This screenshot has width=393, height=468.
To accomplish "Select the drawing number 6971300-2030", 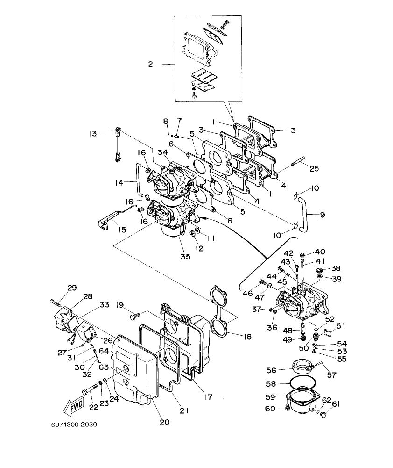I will (75, 425).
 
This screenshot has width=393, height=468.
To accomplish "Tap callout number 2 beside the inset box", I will (150, 64).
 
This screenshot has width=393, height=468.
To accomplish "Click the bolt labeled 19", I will (134, 317).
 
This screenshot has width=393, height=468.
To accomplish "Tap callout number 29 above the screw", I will (72, 288).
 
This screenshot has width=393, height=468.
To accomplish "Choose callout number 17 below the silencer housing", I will (208, 397).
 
